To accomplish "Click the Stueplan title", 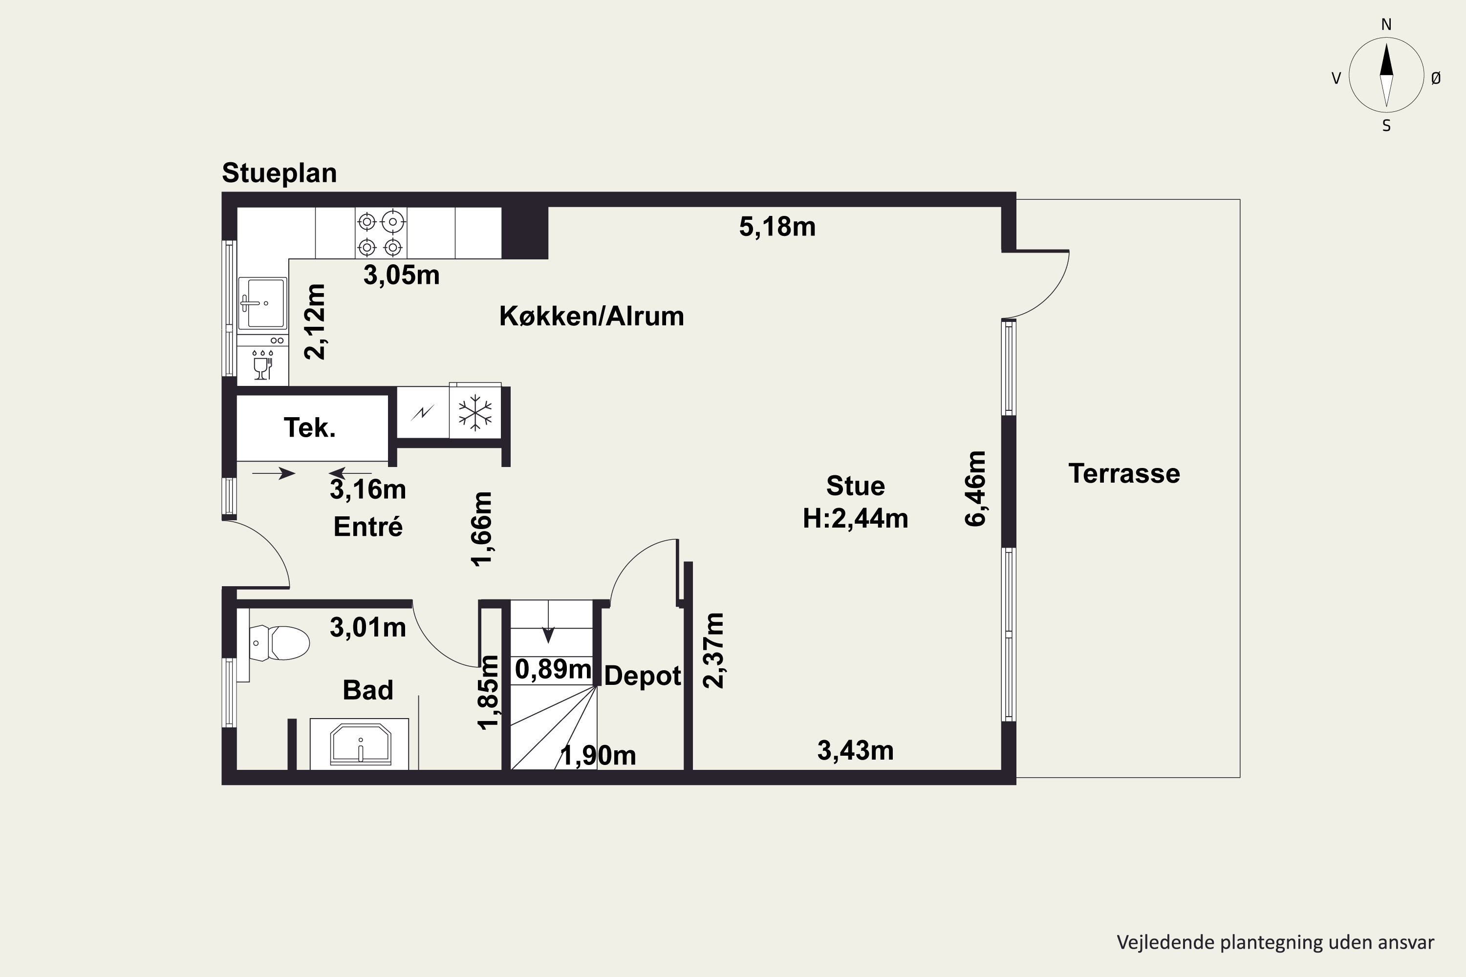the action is click(279, 173).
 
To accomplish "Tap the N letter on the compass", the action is click(1386, 24).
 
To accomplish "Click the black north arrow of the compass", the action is click(1386, 60).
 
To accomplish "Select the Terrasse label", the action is click(1124, 473).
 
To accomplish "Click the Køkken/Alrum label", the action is click(591, 316).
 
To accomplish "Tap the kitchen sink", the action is click(262, 303).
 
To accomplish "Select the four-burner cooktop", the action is click(380, 234).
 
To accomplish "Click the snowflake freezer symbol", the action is click(475, 412).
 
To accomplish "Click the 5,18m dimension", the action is click(777, 227).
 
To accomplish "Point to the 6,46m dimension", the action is click(976, 488).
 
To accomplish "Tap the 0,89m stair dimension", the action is click(553, 669).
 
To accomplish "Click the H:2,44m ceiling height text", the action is click(855, 518).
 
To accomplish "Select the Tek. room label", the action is click(310, 427).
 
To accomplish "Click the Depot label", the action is click(643, 676).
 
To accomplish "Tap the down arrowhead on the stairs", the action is click(548, 635).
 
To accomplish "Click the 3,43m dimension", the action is click(855, 751).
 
